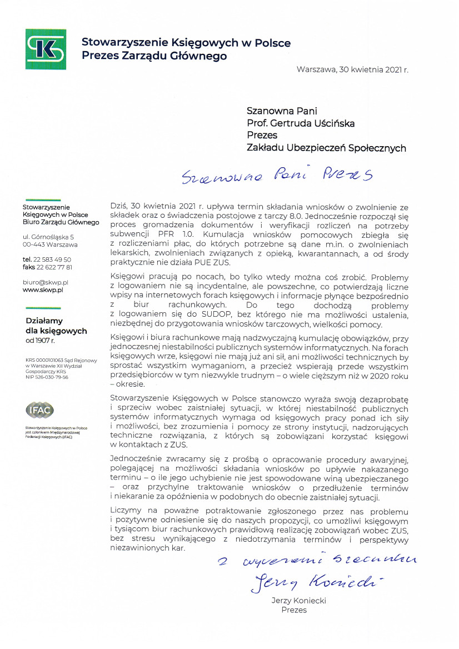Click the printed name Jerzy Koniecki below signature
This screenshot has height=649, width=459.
(x=298, y=601)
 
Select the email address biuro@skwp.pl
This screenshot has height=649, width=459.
(x=46, y=282)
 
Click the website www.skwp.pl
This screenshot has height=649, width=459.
(x=42, y=290)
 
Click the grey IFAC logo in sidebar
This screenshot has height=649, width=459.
(x=40, y=410)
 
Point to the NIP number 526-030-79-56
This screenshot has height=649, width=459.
(x=51, y=377)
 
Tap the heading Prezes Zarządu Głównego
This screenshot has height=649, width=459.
(x=154, y=56)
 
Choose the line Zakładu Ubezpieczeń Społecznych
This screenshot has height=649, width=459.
(x=326, y=148)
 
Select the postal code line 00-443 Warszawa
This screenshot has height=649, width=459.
(x=50, y=244)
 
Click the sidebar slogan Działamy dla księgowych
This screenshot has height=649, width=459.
(x=56, y=326)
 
